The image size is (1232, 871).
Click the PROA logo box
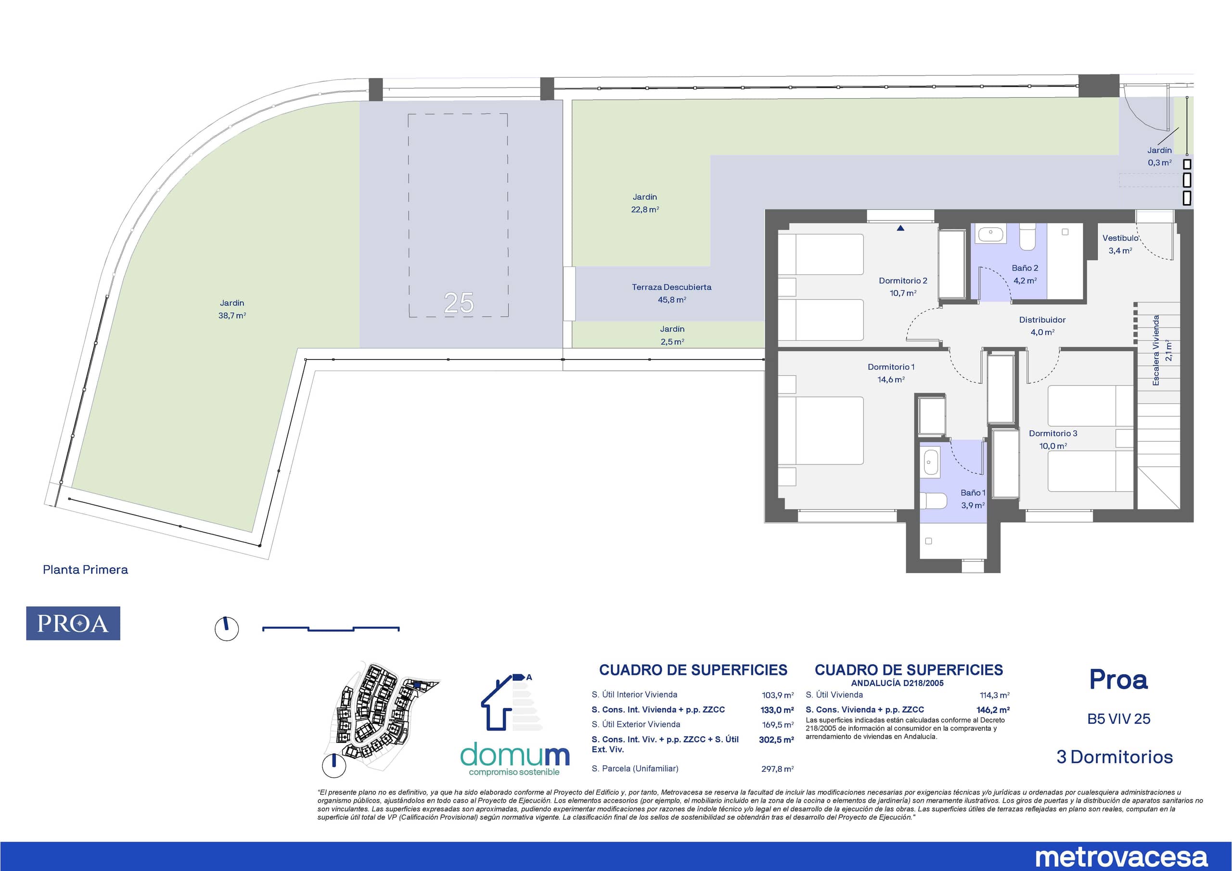[x=73, y=623]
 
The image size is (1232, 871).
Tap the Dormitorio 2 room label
[x=903, y=281]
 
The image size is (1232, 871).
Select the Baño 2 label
[x=1025, y=268]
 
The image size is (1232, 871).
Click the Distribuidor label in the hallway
[x=1042, y=320]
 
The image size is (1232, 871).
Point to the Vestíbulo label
[x=1120, y=238]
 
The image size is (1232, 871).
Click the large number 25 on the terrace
[x=459, y=303]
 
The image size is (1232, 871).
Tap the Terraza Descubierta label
[x=671, y=287]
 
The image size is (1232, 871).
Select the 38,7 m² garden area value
[x=232, y=316]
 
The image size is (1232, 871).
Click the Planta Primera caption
[x=85, y=569]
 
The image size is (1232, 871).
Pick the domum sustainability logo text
[x=514, y=755]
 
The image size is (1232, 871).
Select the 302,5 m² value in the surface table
[x=776, y=740]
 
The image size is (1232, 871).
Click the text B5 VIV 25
[x=1119, y=718]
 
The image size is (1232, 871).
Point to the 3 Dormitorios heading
[x=1115, y=756]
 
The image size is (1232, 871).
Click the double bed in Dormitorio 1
[x=821, y=430]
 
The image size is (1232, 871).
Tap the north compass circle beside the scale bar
[x=227, y=628]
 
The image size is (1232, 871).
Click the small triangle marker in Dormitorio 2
[x=900, y=228]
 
